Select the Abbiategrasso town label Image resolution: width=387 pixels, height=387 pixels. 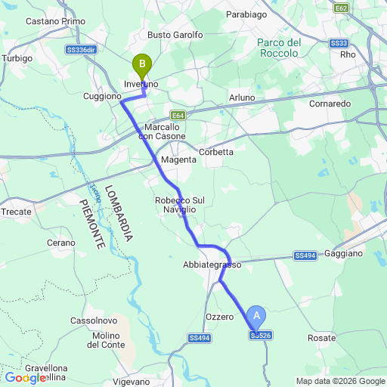pyautogui.click(x=212, y=265)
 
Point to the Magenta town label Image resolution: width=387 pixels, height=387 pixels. pyautogui.click(x=178, y=160)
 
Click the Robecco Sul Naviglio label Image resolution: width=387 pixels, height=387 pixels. pyautogui.click(x=180, y=204)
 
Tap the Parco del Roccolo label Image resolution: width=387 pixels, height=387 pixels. pyautogui.click(x=280, y=48)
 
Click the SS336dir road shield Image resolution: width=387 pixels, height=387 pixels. pyautogui.click(x=81, y=49)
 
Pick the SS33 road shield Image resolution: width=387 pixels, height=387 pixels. pyautogui.click(x=339, y=44)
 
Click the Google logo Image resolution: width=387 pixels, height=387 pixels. pyautogui.click(x=24, y=378)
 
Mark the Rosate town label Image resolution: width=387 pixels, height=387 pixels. pyautogui.click(x=322, y=338)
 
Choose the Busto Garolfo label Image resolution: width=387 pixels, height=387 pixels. pyautogui.click(x=175, y=35)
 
